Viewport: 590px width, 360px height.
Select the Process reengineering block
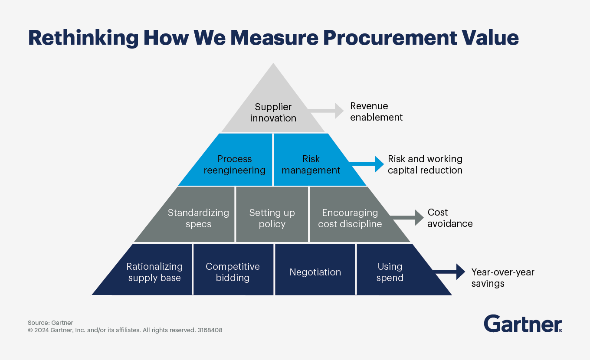[234, 164]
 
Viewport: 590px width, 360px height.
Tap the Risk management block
[311, 164]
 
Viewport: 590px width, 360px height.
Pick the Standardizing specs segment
[198, 218]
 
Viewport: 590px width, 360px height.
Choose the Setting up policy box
[272, 218]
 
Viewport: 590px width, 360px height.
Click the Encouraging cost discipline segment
[350, 218]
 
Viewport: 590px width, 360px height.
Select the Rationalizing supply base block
[154, 272]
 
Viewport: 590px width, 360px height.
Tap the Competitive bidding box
[233, 272]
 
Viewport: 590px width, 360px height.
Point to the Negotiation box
[315, 272]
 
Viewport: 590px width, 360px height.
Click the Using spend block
[390, 272]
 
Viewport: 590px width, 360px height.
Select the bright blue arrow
[367, 164]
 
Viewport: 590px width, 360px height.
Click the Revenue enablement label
[376, 111]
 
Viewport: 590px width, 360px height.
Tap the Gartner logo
[523, 324]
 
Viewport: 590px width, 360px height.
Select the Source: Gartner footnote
[50, 323]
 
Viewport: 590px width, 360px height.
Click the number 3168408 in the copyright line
[210, 330]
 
